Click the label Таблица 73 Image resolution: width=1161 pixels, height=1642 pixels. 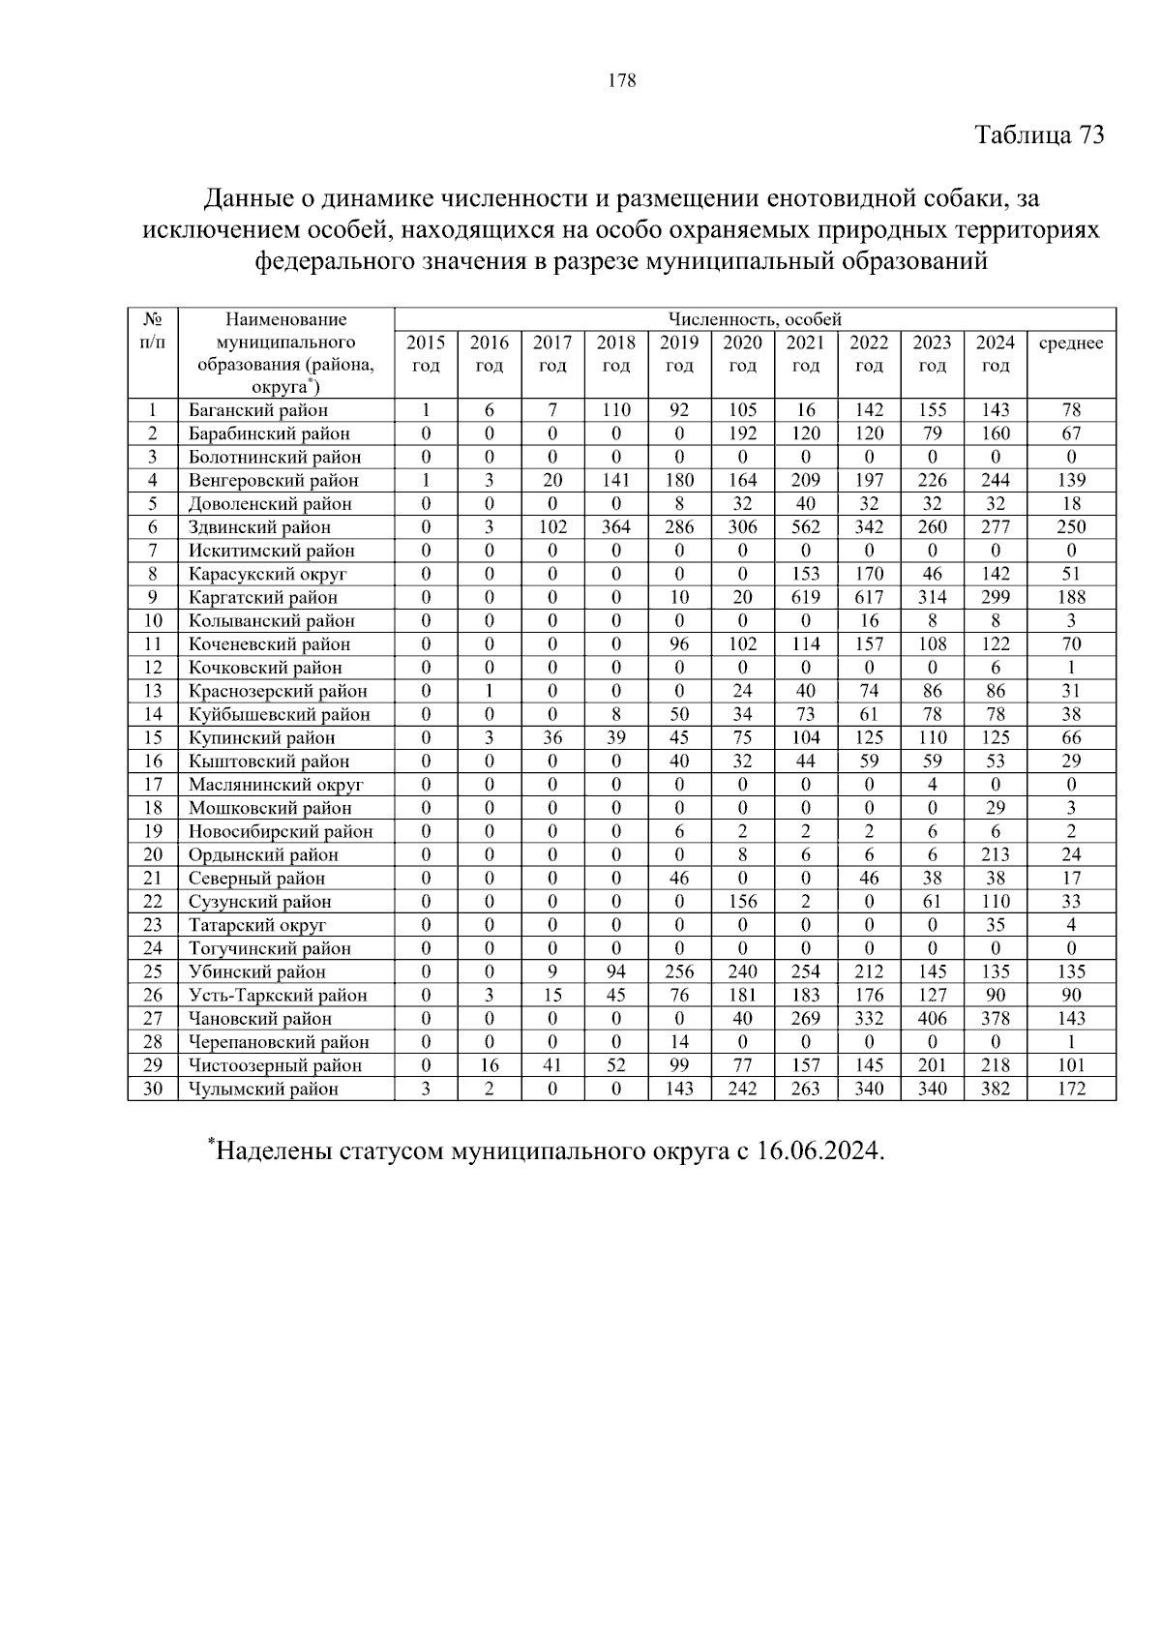click(1038, 134)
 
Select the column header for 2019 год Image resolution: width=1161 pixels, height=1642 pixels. click(679, 354)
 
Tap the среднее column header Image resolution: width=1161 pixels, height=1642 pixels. click(1070, 343)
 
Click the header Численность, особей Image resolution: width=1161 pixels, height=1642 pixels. click(755, 319)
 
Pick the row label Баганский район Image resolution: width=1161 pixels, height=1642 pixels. click(258, 410)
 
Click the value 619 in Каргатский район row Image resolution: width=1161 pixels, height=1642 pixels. click(805, 597)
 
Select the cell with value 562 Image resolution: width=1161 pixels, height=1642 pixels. click(805, 527)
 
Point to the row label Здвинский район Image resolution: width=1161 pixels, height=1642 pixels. click(259, 527)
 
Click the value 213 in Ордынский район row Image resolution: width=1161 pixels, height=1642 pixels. click(995, 854)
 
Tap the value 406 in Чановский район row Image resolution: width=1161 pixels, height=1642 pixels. click(932, 1018)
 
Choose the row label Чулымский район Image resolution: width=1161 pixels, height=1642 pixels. click(263, 1089)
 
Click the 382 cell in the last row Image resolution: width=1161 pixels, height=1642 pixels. click(995, 1089)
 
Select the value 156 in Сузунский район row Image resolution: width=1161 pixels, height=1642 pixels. click(742, 901)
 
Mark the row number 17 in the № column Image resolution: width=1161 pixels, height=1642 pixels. click(152, 785)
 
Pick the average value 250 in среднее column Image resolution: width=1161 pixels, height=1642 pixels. click(1071, 527)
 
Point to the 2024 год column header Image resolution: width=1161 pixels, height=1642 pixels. click(995, 354)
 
